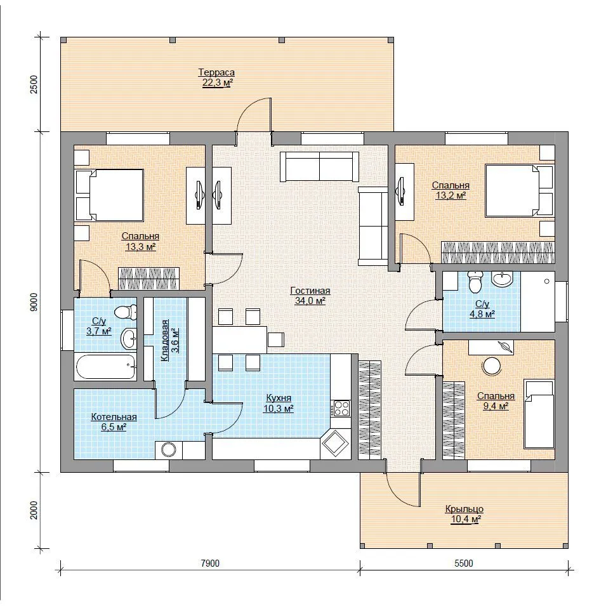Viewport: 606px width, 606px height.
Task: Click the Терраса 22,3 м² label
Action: (x=216, y=77)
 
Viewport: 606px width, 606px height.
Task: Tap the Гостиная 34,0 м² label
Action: (x=310, y=296)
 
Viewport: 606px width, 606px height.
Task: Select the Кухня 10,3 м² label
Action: (x=279, y=403)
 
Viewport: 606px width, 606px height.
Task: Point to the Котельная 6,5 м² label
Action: (x=114, y=421)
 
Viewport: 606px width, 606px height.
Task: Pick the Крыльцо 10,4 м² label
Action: (x=464, y=514)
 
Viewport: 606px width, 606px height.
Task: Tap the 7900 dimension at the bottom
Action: (x=210, y=563)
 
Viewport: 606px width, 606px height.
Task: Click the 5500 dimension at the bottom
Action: (x=463, y=563)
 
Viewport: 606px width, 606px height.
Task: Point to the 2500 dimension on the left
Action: (x=34, y=84)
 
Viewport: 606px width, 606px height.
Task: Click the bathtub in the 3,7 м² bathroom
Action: (x=106, y=366)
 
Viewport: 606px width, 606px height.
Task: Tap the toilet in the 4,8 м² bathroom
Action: (x=475, y=282)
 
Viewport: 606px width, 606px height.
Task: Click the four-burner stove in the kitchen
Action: (x=341, y=408)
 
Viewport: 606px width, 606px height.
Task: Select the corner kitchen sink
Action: (x=335, y=444)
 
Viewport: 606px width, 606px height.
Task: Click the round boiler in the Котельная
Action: (x=169, y=449)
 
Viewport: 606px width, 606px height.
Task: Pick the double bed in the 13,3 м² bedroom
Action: (x=110, y=195)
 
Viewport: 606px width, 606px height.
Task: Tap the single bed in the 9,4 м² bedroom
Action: (x=538, y=414)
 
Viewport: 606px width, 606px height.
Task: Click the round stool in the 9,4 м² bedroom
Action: (x=492, y=366)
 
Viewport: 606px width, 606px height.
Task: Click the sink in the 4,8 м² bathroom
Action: (x=502, y=279)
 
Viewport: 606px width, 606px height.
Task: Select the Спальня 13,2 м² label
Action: (x=451, y=190)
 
